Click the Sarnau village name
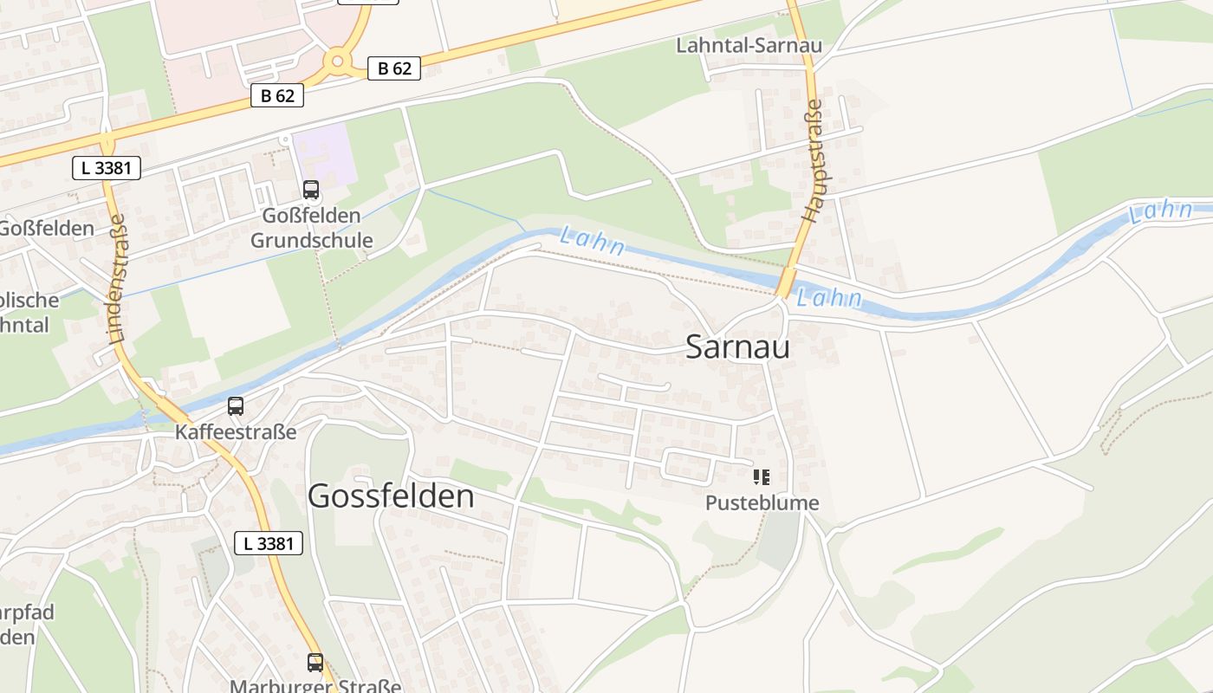[737, 347]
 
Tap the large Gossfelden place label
[391, 496]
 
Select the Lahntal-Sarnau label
[749, 45]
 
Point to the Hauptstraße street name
[814, 161]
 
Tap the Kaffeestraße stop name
[236, 431]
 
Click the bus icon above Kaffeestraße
[235, 405]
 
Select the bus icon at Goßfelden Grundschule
[310, 189]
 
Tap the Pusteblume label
[762, 502]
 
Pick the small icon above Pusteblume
[761, 476]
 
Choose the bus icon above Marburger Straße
[315, 663]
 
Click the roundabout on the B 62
[336, 61]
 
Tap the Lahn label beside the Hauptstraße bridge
[829, 299]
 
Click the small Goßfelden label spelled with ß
[45, 229]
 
